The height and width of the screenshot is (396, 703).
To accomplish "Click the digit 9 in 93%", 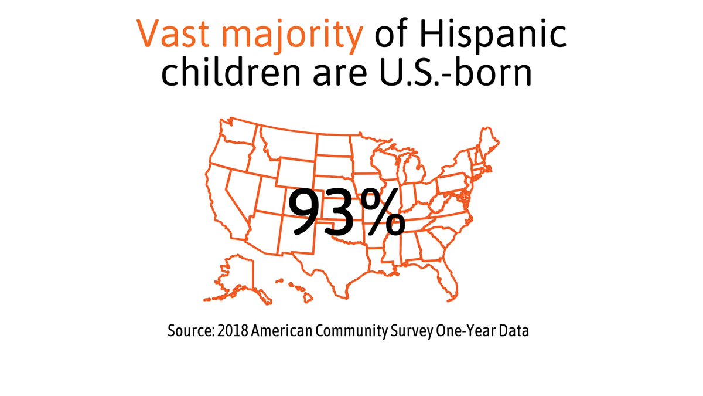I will pyautogui.click(x=308, y=212).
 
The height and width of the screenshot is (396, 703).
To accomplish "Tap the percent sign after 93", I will pyautogui.click(x=383, y=212).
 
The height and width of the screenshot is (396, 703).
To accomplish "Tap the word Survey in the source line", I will pyautogui.click(x=411, y=331).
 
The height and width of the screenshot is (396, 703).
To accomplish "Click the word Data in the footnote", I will pyautogui.click(x=514, y=331).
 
